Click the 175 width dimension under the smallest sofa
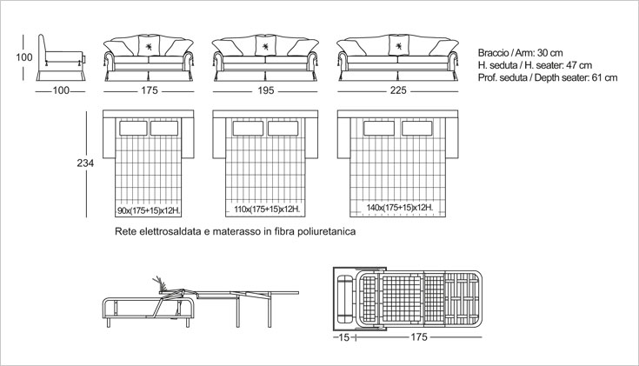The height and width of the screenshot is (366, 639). (x=150, y=90)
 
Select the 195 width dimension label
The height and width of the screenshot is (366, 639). (x=266, y=90)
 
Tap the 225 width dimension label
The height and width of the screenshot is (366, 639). (x=398, y=90)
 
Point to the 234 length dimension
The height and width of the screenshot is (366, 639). (x=85, y=163)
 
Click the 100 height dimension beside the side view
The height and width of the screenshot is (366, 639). (x=24, y=57)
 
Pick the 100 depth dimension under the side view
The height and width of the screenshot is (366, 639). (x=61, y=90)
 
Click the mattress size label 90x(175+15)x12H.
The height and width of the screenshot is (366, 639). (x=149, y=210)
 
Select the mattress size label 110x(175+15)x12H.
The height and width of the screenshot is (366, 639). (x=267, y=210)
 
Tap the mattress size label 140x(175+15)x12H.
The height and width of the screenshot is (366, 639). (x=399, y=208)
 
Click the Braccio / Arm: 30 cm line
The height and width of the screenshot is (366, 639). (x=521, y=53)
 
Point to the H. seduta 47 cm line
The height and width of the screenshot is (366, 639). (x=535, y=65)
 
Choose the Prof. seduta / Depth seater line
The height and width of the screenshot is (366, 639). (x=548, y=77)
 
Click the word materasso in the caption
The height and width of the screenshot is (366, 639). (x=237, y=231)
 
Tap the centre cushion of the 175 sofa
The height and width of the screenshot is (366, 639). (x=149, y=46)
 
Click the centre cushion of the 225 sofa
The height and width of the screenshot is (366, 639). (x=398, y=45)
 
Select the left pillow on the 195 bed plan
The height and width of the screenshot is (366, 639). (x=248, y=129)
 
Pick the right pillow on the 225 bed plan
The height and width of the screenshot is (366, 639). (x=417, y=129)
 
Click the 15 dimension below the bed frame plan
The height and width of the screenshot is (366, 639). (x=344, y=337)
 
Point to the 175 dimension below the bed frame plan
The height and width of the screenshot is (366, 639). (x=418, y=337)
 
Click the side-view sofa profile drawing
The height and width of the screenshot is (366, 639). (x=61, y=58)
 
